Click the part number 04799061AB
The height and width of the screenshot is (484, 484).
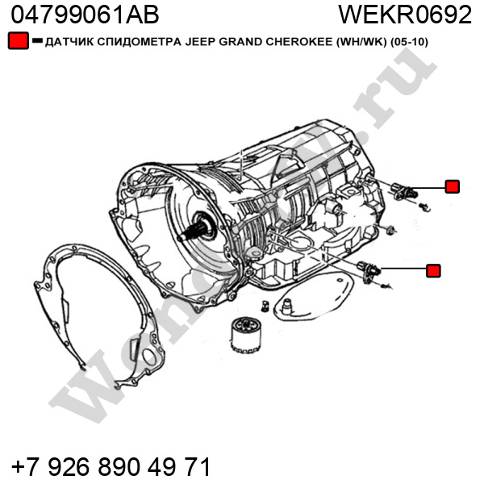[x=85, y=15]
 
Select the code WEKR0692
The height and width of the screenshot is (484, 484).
[x=405, y=15]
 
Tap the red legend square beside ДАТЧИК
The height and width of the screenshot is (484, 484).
[x=19, y=40]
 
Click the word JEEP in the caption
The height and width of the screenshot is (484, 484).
[x=200, y=42]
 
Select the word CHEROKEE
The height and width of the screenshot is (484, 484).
[x=298, y=42]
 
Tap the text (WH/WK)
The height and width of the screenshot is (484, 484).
[x=361, y=42]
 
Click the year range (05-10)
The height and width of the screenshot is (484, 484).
[x=409, y=42]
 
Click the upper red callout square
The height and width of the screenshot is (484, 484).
[x=453, y=186]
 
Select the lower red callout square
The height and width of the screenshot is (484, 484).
[x=433, y=270]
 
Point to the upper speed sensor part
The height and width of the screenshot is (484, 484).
[x=403, y=190]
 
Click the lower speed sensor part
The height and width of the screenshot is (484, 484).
[x=369, y=269]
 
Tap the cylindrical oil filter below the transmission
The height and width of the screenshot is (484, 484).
[x=245, y=336]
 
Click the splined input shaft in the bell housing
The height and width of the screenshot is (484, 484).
[x=193, y=231]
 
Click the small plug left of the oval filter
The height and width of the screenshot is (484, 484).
[x=265, y=306]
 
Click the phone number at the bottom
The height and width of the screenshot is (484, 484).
[x=111, y=467]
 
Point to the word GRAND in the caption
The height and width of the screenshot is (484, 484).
[x=240, y=42]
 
